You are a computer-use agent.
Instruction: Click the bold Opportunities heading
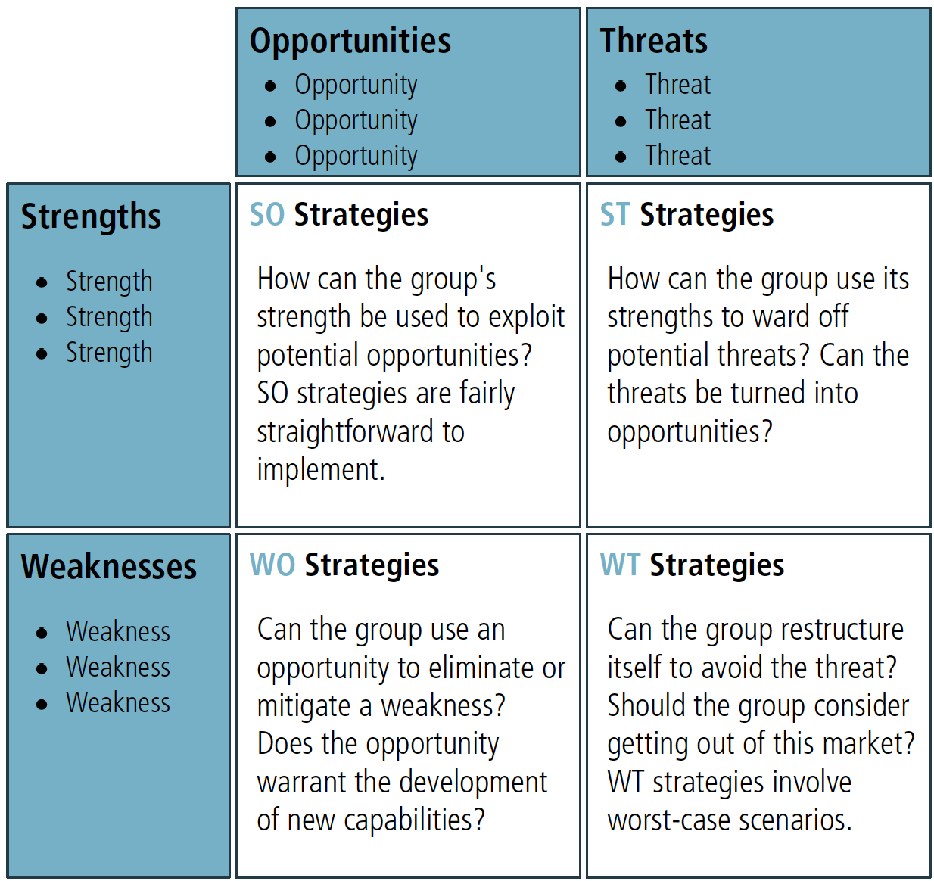click(350, 42)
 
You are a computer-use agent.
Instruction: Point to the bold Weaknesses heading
click(109, 566)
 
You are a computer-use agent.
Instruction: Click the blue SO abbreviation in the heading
click(266, 214)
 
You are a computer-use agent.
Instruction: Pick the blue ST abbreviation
click(614, 214)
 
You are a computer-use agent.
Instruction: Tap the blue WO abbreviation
click(272, 565)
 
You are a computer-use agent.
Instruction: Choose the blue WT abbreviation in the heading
click(620, 565)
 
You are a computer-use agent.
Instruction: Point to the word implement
click(321, 471)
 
